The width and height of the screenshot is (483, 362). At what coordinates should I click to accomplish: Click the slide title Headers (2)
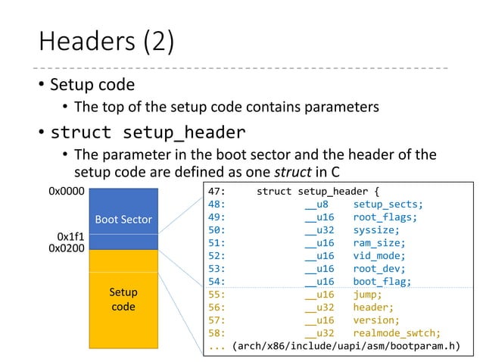106,42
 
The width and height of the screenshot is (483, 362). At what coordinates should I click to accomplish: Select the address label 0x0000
67,192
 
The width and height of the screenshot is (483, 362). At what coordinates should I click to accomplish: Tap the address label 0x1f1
71,236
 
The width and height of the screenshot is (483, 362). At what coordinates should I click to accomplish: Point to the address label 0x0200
67,248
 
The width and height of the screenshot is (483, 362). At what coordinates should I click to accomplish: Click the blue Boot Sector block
123,220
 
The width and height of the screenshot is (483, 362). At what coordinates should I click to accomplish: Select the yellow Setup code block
123,299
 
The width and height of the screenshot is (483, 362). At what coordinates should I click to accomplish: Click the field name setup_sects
388,204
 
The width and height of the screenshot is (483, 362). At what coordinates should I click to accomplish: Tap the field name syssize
376,229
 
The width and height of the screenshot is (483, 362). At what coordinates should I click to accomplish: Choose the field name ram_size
379,242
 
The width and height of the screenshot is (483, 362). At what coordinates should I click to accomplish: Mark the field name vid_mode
379,256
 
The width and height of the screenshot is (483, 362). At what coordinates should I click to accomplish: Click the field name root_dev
379,269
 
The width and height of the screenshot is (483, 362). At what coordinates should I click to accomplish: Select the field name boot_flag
382,282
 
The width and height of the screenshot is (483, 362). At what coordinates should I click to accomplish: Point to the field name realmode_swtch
396,333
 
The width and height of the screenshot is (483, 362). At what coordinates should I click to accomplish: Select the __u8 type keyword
316,204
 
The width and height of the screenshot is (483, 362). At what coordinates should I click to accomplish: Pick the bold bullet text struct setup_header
148,133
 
